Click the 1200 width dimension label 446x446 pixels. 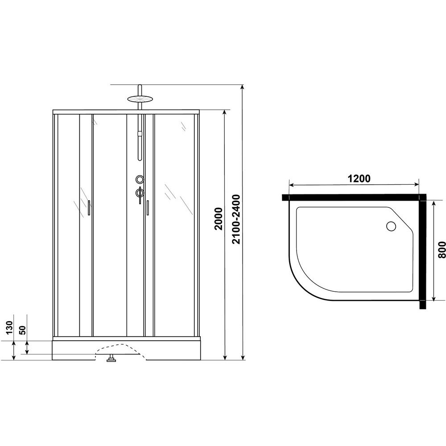[x=359, y=178]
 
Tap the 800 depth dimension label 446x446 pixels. [x=442, y=250]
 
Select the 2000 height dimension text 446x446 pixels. [x=219, y=219]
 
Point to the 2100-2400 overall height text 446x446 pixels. [x=236, y=219]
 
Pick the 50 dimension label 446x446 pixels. [x=22, y=330]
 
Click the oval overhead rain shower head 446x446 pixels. [x=140, y=99]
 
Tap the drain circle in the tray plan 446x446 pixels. [x=391, y=226]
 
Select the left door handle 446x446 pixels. [x=89, y=208]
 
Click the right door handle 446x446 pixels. [x=148, y=208]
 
